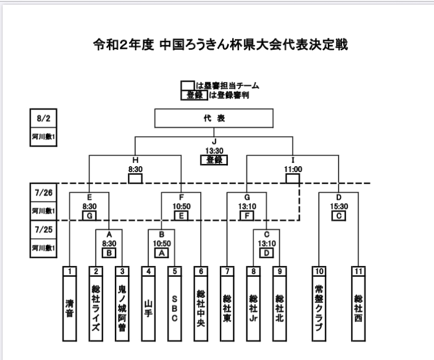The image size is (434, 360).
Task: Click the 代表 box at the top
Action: click(x=214, y=119)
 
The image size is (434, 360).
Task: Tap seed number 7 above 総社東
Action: click(x=227, y=270)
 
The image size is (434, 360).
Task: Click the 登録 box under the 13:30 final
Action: click(x=214, y=160)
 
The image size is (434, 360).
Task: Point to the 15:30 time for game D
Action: click(x=338, y=205)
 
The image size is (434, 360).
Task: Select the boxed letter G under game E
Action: click(x=89, y=215)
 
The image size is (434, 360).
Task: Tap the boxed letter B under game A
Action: click(x=109, y=253)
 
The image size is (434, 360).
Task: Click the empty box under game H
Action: click(x=135, y=178)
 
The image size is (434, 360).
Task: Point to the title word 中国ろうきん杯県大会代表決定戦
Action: click(x=251, y=45)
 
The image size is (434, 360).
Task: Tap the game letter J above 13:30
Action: click(x=214, y=142)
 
